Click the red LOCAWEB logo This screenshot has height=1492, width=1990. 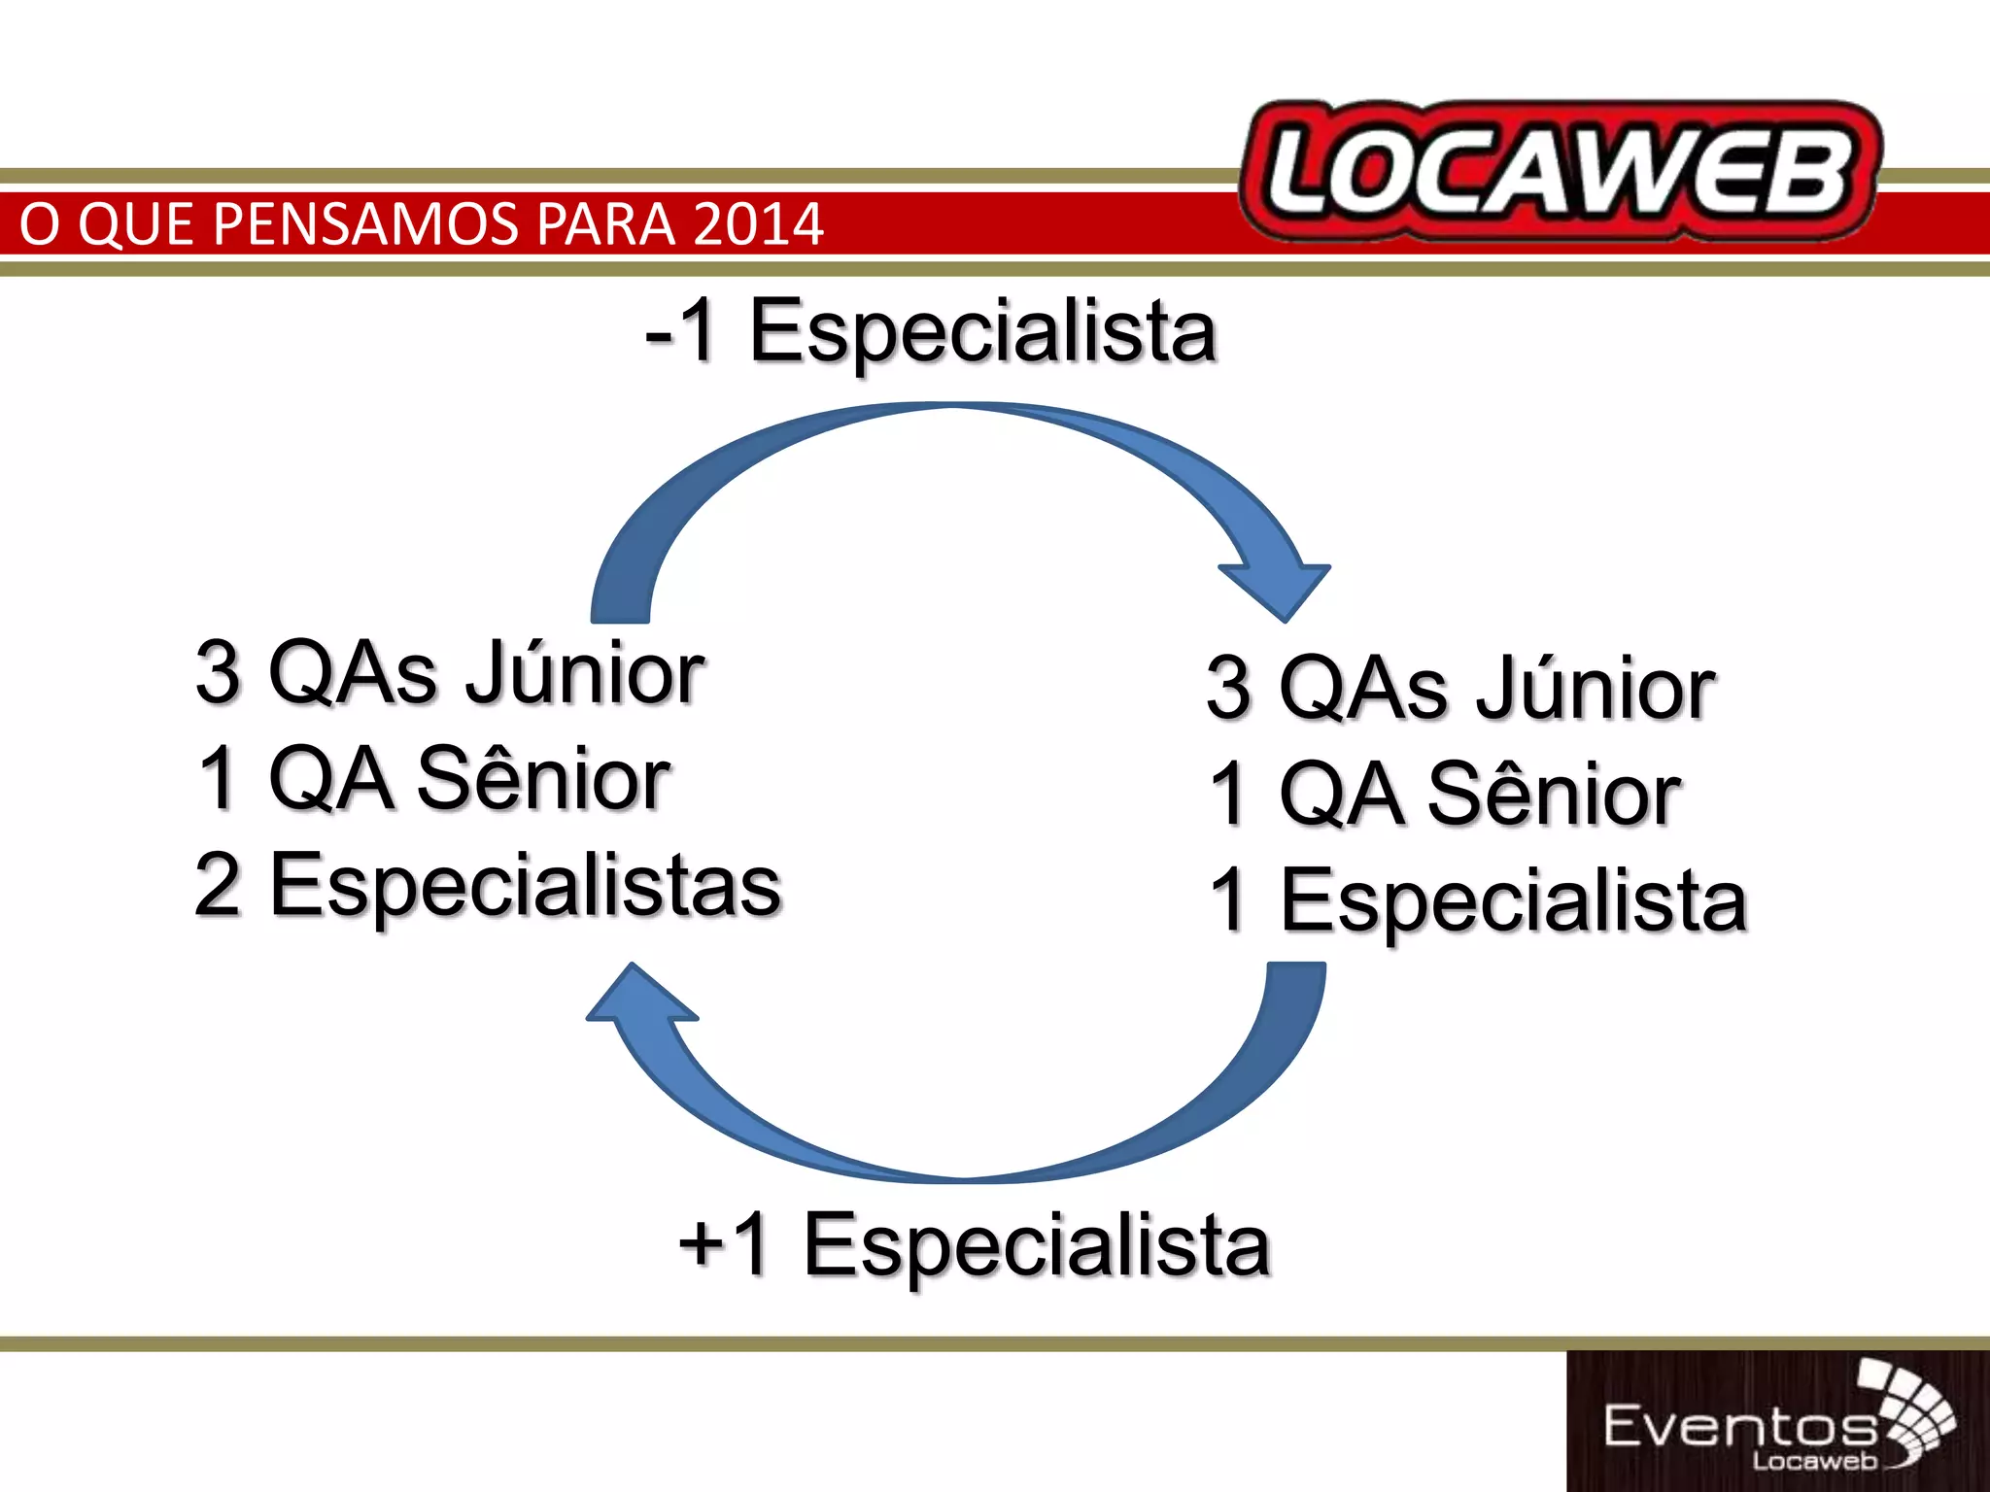click(x=1560, y=172)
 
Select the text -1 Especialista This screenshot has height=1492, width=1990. click(x=930, y=332)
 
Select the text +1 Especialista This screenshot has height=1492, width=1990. click(x=974, y=1246)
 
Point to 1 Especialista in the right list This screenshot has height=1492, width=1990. click(x=1477, y=900)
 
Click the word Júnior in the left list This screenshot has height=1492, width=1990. click(x=585, y=673)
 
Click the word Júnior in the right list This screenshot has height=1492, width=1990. click(x=1596, y=688)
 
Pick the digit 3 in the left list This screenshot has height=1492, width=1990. click(x=218, y=673)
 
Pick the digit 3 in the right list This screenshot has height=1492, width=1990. click(x=1228, y=688)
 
